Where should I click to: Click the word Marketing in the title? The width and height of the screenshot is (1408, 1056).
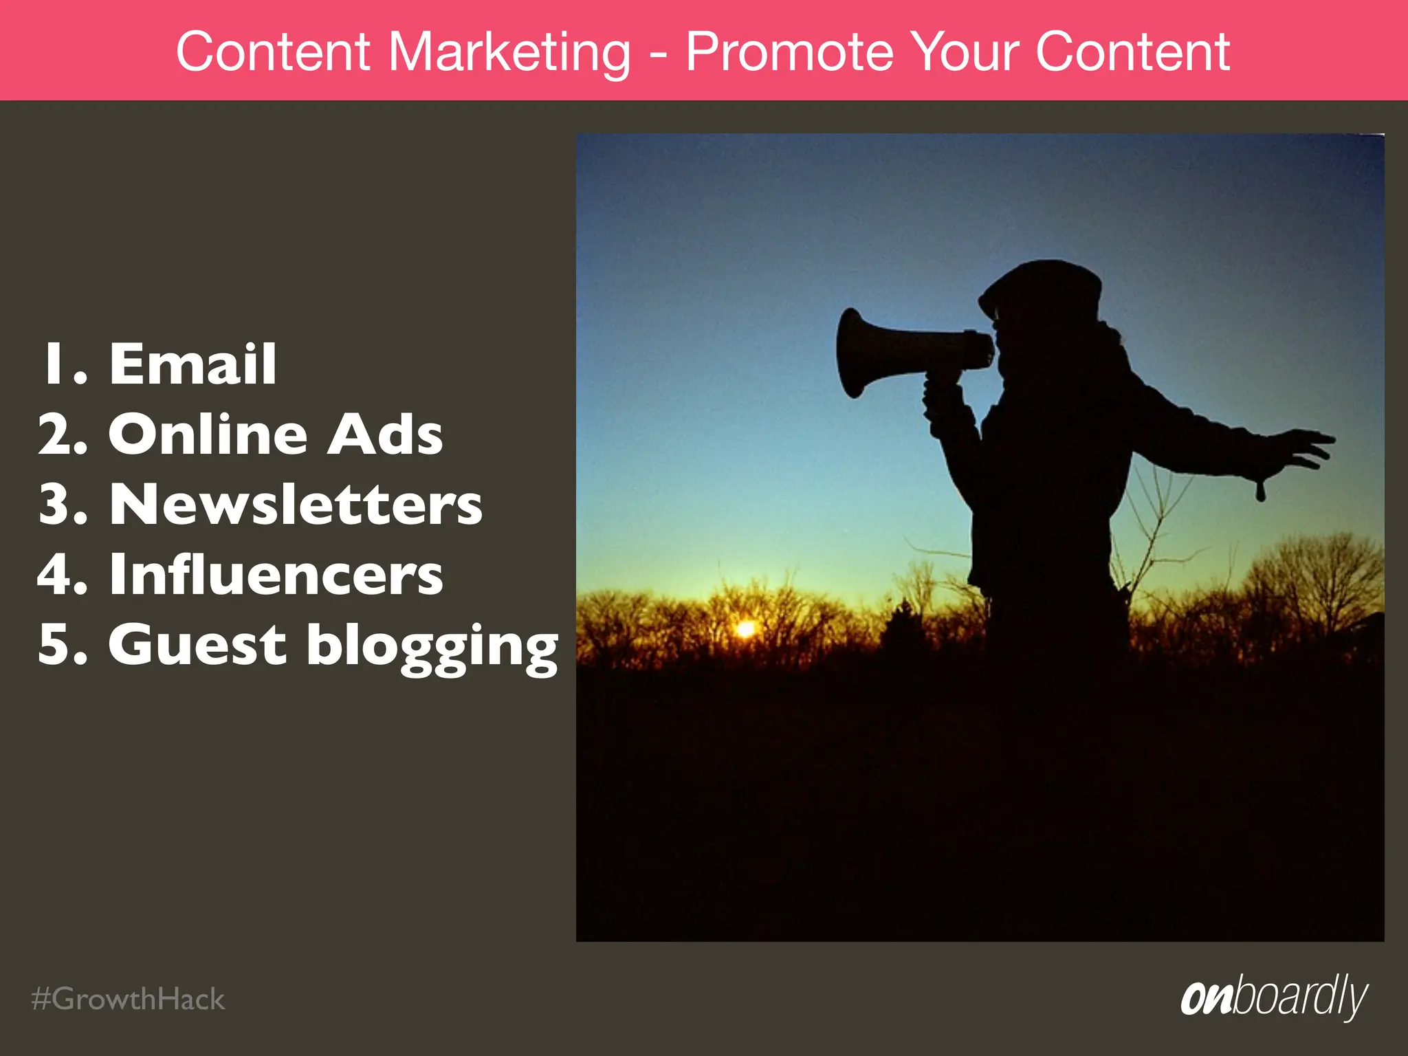pyautogui.click(x=509, y=52)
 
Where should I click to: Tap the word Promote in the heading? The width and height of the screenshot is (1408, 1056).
pyautogui.click(x=789, y=52)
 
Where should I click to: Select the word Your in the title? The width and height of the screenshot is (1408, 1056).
pyautogui.click(x=965, y=52)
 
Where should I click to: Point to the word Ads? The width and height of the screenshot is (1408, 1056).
pyautogui.click(x=385, y=434)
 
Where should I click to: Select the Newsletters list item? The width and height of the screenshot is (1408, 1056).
pyautogui.click(x=296, y=505)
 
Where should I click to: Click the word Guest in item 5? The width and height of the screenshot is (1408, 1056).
pyautogui.click(x=197, y=644)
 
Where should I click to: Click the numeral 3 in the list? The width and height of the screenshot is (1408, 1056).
pyautogui.click(x=58, y=505)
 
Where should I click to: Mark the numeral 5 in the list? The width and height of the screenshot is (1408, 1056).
pyautogui.click(x=58, y=645)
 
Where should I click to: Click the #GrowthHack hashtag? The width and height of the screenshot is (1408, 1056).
pyautogui.click(x=128, y=999)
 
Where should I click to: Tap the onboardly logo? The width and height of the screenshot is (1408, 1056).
pyautogui.click(x=1274, y=996)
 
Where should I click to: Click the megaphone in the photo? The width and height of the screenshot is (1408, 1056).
pyautogui.click(x=907, y=352)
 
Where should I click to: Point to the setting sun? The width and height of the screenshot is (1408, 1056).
pyautogui.click(x=745, y=628)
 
